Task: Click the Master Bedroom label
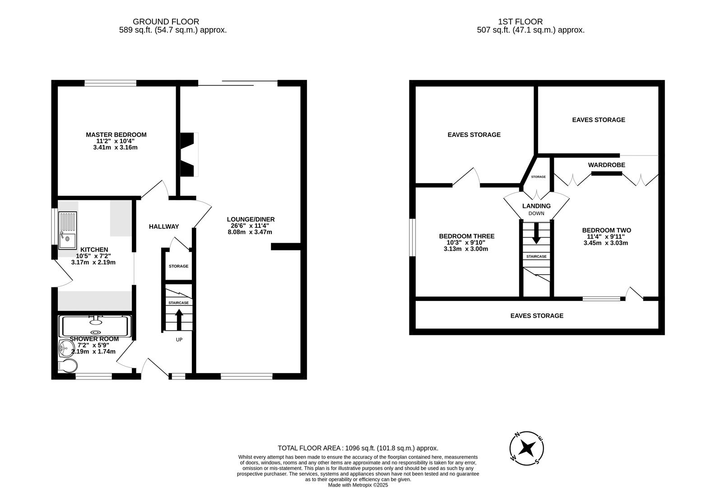[x=116, y=135]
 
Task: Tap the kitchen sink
[x=68, y=230]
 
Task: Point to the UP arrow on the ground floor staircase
[x=179, y=319]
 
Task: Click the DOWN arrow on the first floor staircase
[x=536, y=233]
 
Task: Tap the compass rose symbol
[x=526, y=448]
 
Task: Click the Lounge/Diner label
[x=251, y=219]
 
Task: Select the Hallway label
[x=164, y=226]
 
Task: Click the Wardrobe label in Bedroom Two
[x=606, y=165]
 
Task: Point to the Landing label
[x=536, y=206]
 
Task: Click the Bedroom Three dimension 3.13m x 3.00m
[x=466, y=249]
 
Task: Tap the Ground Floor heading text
[x=166, y=21]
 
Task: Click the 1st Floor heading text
[x=520, y=21]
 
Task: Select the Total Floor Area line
[x=358, y=448]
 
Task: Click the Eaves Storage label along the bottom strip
[x=537, y=316]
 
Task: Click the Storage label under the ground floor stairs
[x=178, y=266]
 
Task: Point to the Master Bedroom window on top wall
[x=110, y=83]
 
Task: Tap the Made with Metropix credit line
[x=358, y=485]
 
